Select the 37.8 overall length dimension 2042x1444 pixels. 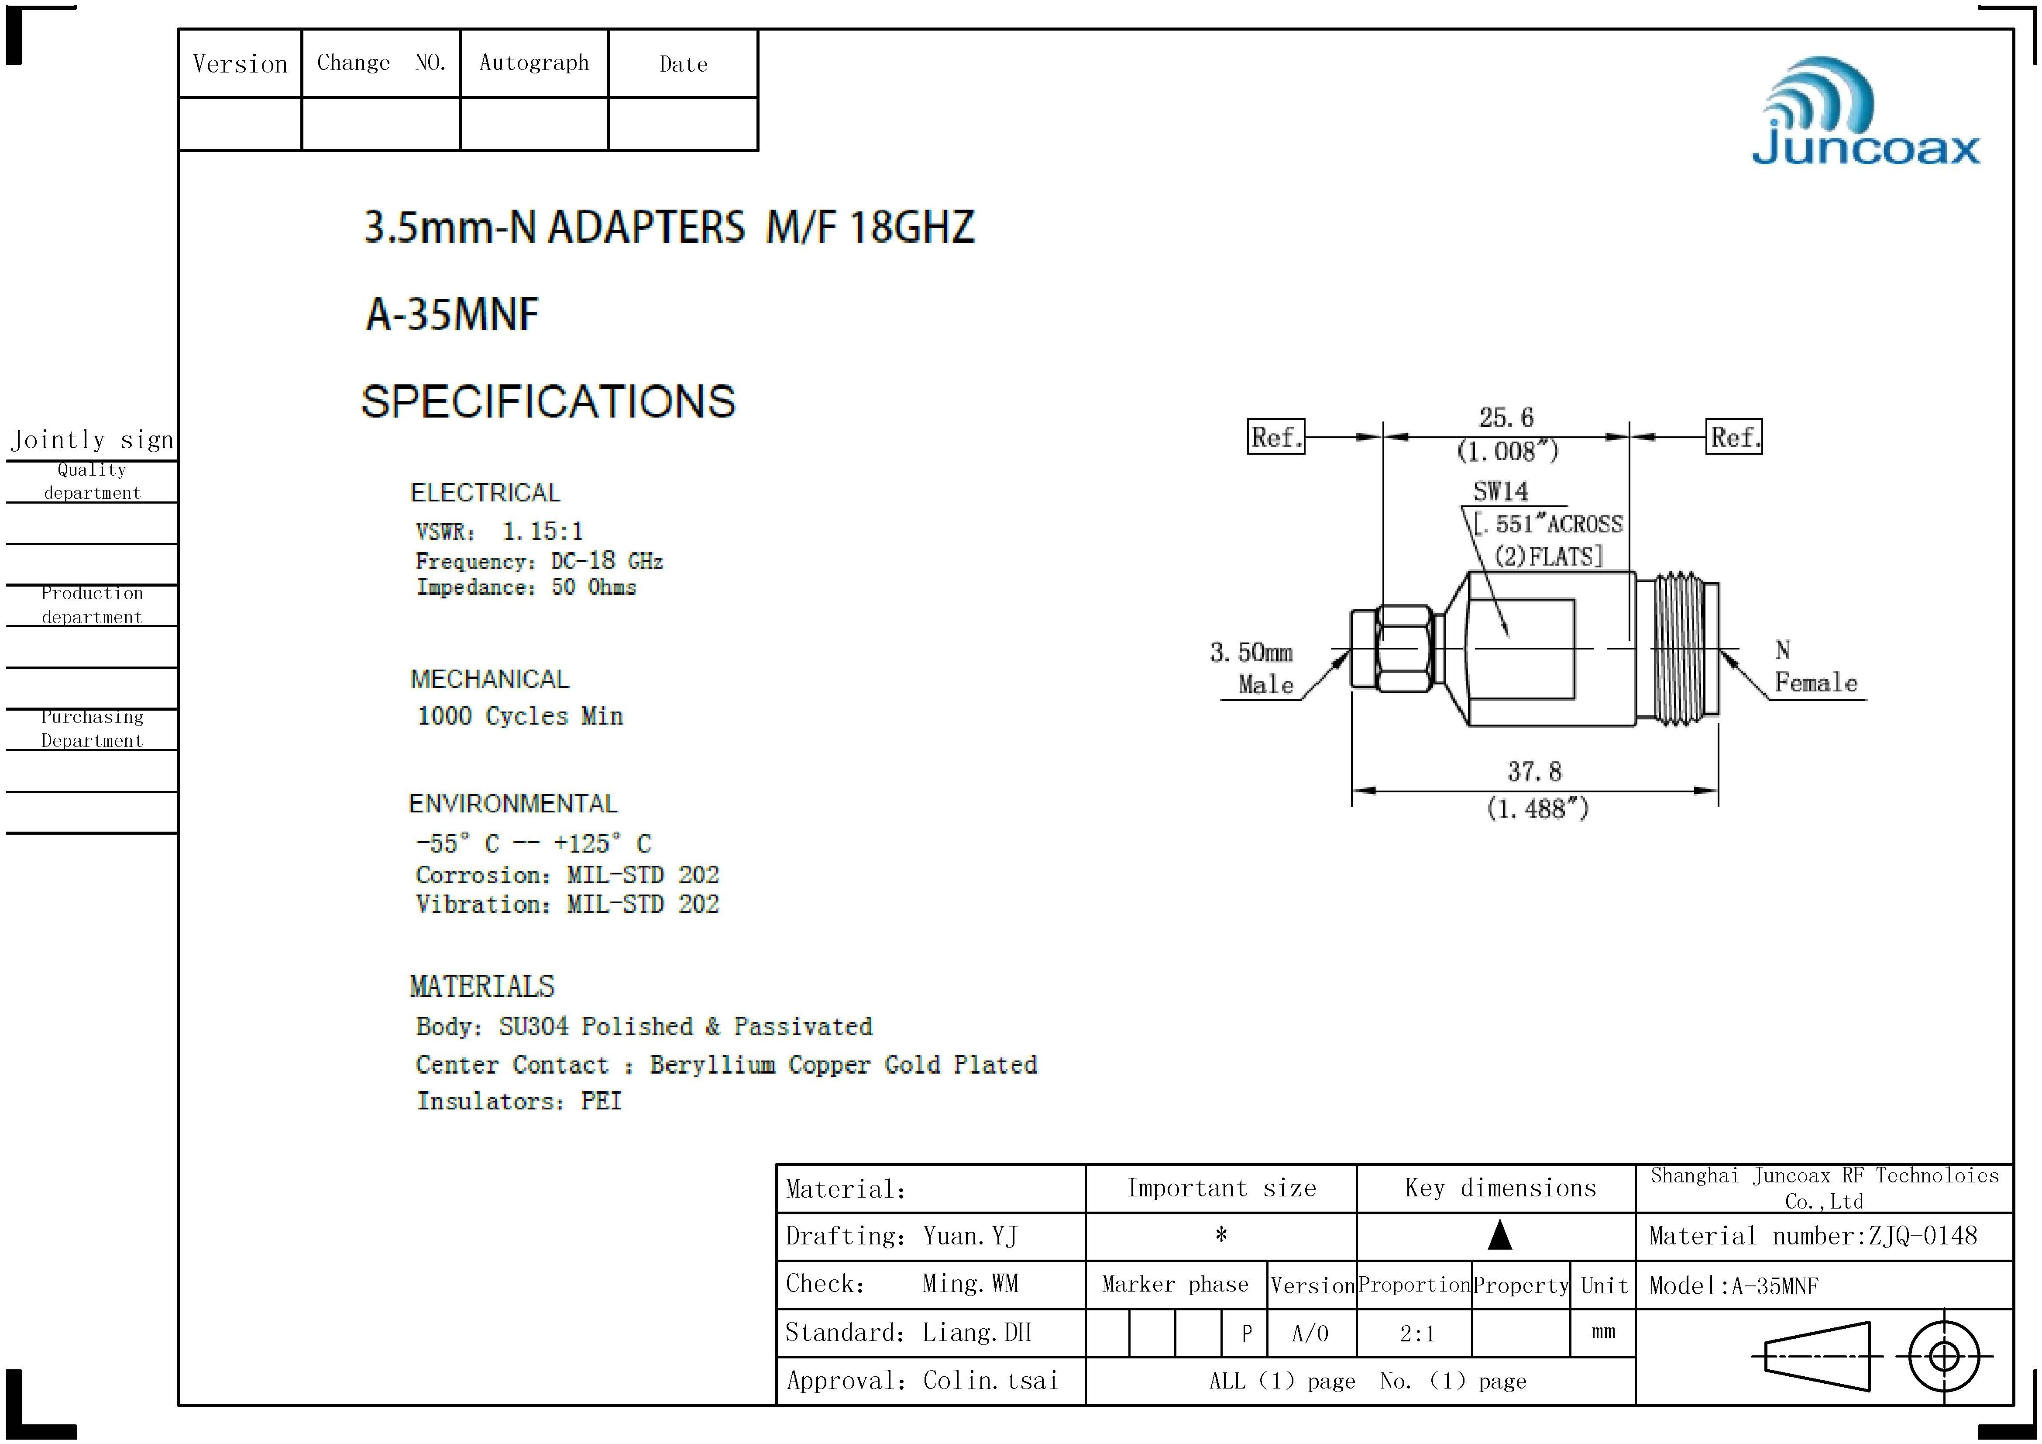(1534, 771)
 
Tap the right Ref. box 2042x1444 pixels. (1733, 437)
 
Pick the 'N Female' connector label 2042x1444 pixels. (1814, 667)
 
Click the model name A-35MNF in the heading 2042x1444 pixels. (453, 314)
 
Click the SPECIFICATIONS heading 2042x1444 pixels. (548, 401)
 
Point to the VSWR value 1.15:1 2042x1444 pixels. (543, 532)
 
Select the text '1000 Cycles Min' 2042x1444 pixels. (520, 716)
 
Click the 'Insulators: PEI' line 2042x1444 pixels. (519, 1102)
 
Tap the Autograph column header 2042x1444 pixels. (533, 63)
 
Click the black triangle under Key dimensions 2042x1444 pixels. (1499, 1235)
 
